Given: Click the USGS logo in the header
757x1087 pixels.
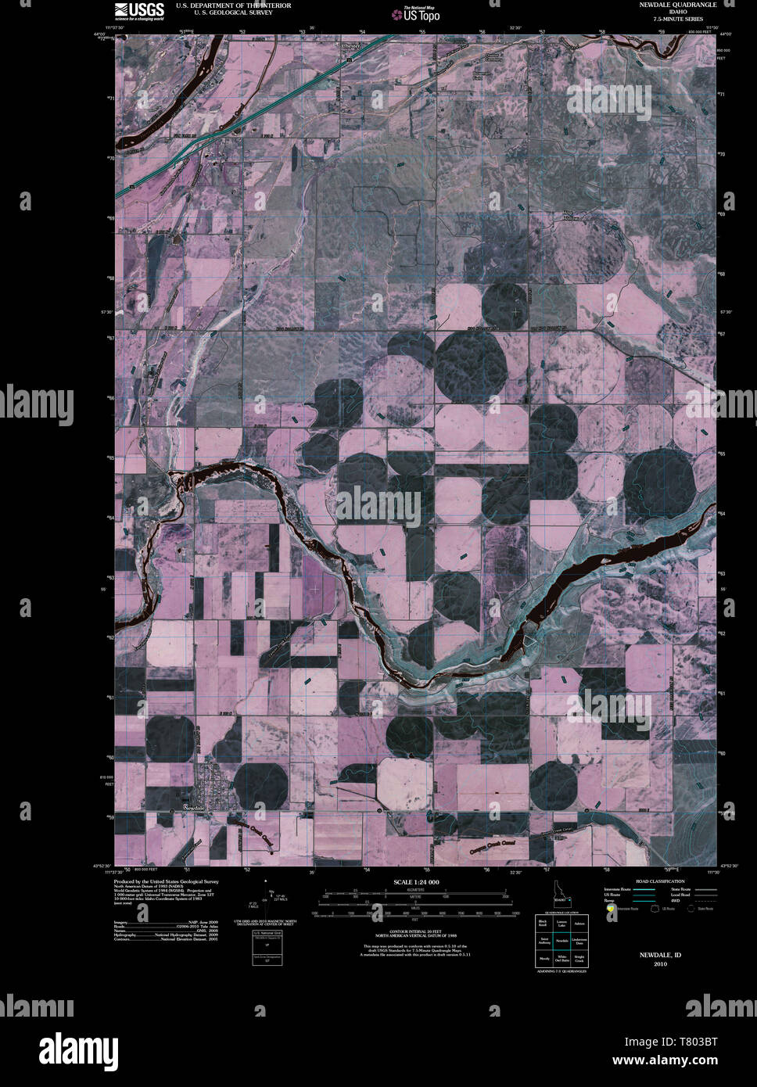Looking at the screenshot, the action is [140, 10].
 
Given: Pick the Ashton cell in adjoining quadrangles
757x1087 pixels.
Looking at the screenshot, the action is [579, 924].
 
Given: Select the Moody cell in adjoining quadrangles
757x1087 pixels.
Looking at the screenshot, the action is [544, 958].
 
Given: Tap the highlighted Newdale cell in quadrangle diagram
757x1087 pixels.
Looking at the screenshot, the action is [561, 941].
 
